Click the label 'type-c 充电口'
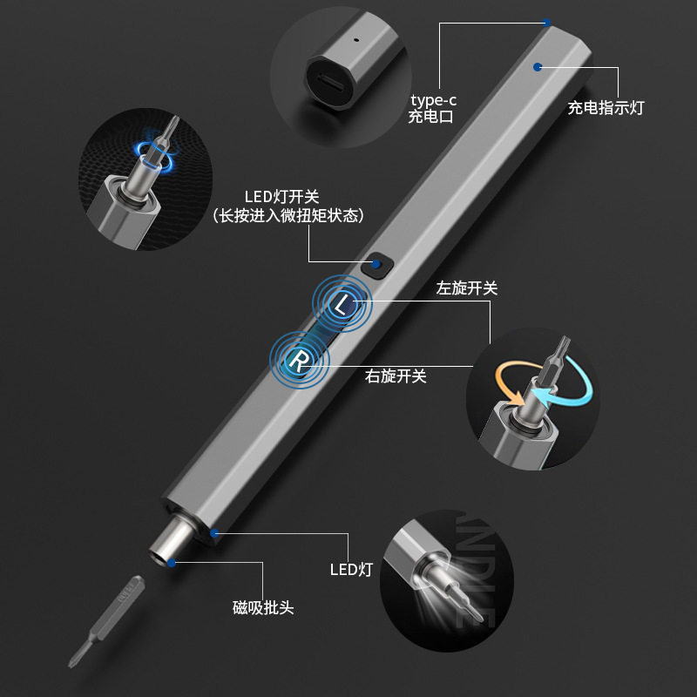tap(432, 108)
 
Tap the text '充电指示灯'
tap(606, 109)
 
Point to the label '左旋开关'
tap(467, 288)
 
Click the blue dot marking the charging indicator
tap(538, 65)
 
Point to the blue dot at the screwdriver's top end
tap(546, 24)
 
